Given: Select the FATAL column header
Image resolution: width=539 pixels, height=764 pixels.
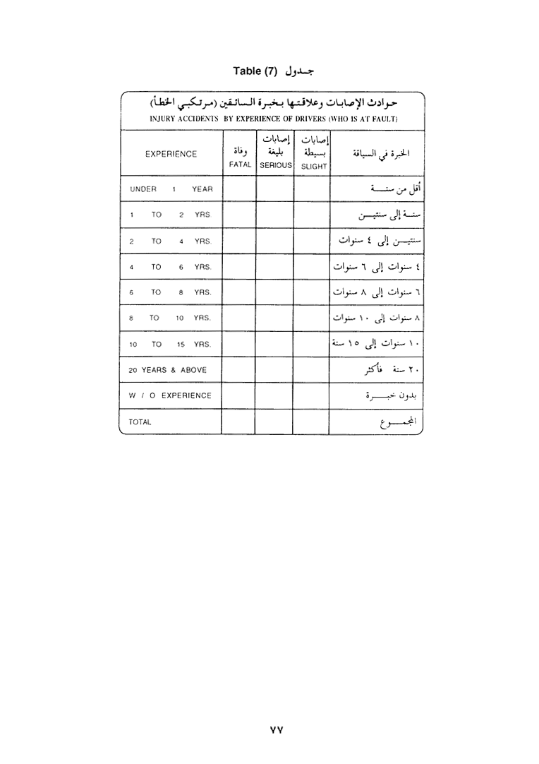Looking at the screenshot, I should click(x=240, y=165).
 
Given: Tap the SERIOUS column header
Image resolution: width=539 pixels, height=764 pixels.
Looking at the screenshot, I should click(x=274, y=165).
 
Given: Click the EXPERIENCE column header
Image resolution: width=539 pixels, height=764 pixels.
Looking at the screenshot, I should click(x=171, y=154).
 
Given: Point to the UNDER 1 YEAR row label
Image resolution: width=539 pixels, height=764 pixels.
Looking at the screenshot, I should click(x=171, y=189).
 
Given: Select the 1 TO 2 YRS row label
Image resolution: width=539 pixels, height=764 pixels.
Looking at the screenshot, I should click(x=170, y=215).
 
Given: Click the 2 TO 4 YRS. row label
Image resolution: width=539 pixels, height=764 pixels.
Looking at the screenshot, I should click(x=171, y=241).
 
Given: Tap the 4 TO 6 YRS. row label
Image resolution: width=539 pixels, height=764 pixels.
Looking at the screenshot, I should click(x=171, y=267).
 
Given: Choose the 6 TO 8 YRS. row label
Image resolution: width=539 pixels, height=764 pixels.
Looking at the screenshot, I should click(x=171, y=292).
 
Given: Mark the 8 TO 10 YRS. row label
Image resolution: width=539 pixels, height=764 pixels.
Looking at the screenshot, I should click(x=171, y=318).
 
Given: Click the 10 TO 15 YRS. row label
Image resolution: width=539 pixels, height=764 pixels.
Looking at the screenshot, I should click(x=171, y=345).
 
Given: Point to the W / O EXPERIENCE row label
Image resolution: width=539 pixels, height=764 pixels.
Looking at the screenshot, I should click(x=170, y=395).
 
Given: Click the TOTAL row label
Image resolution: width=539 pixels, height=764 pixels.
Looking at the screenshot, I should click(x=140, y=422).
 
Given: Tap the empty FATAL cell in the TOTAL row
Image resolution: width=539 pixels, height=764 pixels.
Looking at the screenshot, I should click(x=238, y=422).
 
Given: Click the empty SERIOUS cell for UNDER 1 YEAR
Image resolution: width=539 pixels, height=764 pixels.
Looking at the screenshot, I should click(x=274, y=189).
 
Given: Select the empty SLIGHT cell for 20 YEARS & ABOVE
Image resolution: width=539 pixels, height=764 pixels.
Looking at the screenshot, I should click(x=311, y=370).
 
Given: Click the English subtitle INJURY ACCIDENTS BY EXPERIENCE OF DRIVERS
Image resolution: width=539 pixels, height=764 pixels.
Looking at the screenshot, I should click(x=274, y=119).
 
